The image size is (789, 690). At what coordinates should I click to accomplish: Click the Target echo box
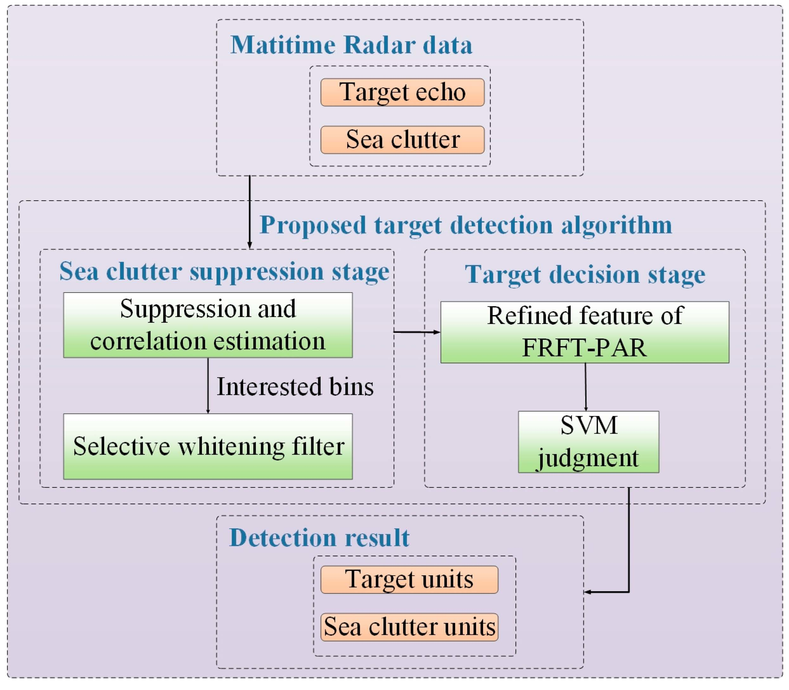click(402, 93)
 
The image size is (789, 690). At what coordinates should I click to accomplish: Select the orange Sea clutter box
click(402, 140)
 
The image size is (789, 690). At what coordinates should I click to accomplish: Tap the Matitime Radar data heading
click(351, 45)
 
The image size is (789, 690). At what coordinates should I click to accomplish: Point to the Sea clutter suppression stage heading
click(224, 271)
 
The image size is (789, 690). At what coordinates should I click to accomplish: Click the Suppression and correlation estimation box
click(208, 325)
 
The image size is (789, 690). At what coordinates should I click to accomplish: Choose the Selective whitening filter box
click(208, 446)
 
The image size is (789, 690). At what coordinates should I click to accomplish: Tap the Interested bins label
click(295, 387)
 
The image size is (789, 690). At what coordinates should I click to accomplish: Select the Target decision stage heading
click(585, 274)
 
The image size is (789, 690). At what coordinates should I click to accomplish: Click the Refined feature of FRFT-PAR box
click(585, 332)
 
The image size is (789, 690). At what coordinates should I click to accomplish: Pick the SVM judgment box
click(588, 442)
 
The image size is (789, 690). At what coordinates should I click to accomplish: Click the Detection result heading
click(319, 538)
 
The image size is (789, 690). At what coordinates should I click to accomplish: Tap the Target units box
click(409, 579)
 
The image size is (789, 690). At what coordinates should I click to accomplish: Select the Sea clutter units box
click(409, 627)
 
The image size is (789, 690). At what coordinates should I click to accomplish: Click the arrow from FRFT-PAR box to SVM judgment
click(586, 387)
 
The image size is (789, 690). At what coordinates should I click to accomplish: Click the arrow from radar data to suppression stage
click(249, 212)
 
